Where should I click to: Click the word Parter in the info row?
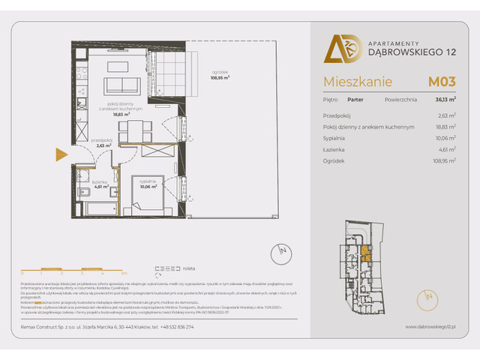click(x=357, y=97)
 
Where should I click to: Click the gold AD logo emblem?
click(x=337, y=48)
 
